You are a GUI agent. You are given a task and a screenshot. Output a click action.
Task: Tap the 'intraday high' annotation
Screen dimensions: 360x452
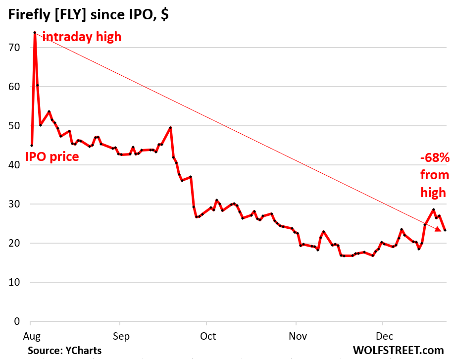(82, 37)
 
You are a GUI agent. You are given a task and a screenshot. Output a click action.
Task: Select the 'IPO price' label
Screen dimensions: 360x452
(52, 157)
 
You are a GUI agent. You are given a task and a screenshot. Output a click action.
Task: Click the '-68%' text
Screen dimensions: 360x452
(435, 158)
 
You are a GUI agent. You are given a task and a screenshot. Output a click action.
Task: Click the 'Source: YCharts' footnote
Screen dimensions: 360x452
(64, 350)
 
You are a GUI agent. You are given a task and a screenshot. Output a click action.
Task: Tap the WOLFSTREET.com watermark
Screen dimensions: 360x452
(398, 350)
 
